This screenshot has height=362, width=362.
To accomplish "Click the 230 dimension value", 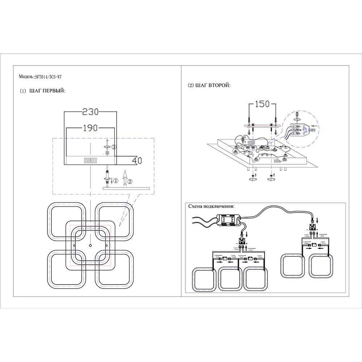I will pyautogui.click(x=90, y=112).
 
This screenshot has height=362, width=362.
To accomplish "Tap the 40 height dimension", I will pyautogui.click(x=136, y=160).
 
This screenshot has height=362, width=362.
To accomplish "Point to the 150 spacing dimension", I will pyautogui.click(x=262, y=104).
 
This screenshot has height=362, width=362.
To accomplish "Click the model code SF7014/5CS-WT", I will pyautogui.click(x=50, y=77).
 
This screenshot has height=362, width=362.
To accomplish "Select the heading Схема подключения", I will pyautogui.click(x=211, y=206).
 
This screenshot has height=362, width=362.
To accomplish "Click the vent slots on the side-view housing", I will pyautogui.click(x=90, y=160).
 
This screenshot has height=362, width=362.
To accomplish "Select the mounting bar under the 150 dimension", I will pyautogui.click(x=262, y=125).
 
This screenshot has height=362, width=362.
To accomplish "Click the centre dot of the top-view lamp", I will pyautogui.click(x=90, y=245).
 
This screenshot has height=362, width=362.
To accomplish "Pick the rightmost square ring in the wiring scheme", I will pyautogui.click(x=321, y=266).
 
